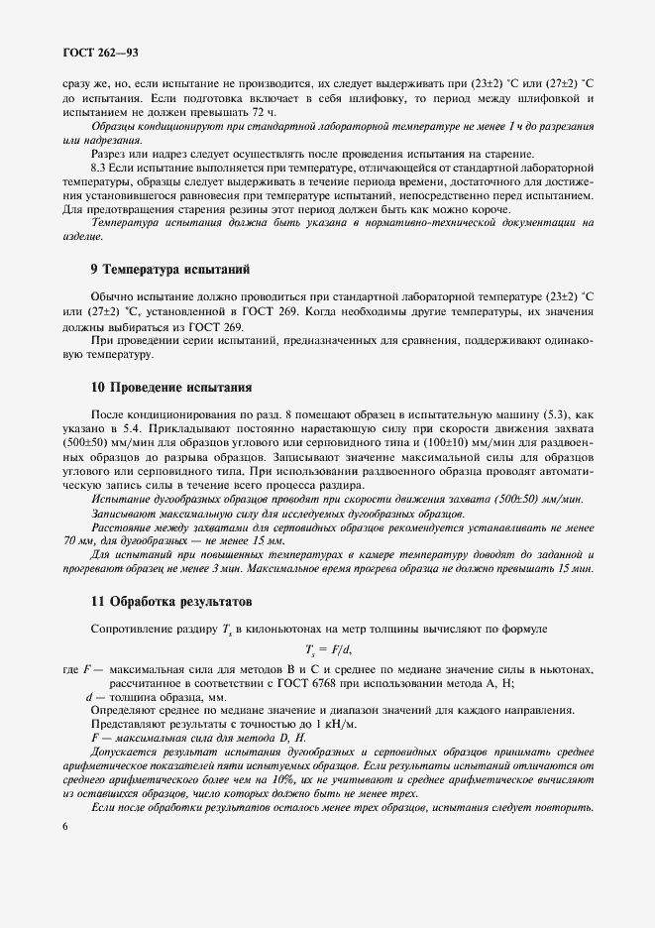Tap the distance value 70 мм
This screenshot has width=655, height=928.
pyautogui.click(x=78, y=542)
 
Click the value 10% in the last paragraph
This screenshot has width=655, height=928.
pyautogui.click(x=279, y=781)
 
